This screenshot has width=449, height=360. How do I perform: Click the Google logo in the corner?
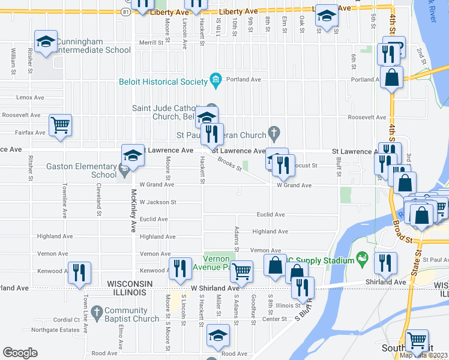(20, 352)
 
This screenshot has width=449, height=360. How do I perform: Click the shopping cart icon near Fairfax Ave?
(60, 125)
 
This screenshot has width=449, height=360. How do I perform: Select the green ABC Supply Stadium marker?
(361, 260)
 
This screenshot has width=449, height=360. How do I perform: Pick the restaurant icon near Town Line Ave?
(79, 272)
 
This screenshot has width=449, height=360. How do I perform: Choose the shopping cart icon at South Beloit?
(417, 340)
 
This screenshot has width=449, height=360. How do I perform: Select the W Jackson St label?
(157, 203)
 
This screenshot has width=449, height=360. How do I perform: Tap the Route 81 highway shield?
(124, 11)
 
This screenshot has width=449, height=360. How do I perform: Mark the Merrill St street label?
(151, 43)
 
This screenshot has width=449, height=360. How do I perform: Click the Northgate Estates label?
(55, 330)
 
